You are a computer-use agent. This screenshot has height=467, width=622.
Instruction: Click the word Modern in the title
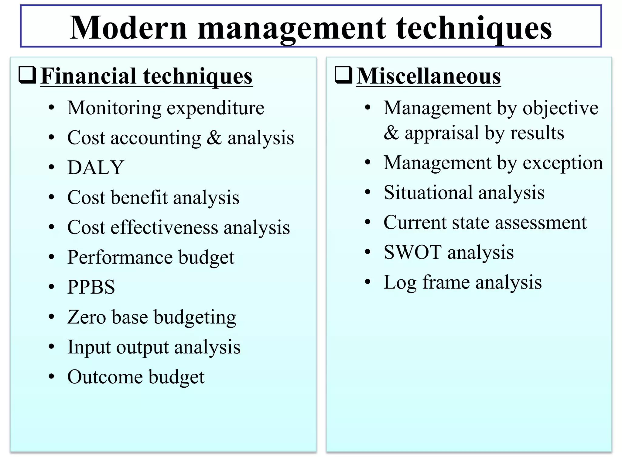coord(128,28)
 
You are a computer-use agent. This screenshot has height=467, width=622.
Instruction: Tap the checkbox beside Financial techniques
coord(27,75)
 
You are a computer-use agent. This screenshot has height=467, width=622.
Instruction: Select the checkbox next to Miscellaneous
coord(343,75)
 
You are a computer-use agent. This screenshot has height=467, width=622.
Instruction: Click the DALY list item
coord(96,168)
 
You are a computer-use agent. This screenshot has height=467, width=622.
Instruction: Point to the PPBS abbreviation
coord(91,287)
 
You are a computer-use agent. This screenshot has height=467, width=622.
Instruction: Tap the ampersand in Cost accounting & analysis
coord(214,138)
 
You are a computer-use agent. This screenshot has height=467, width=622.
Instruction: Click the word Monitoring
coord(114,109)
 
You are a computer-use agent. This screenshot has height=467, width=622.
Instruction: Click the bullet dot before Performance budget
coord(52,257)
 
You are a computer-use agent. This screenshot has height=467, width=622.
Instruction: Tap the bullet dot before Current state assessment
coord(368,222)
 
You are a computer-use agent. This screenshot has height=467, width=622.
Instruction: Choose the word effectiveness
coord(164,227)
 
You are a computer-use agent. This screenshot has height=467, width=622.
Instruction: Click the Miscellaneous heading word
coord(428,76)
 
